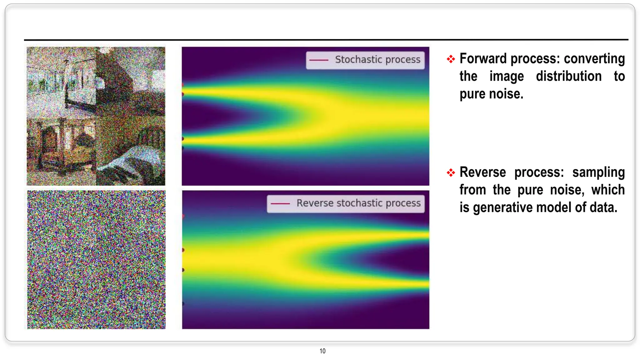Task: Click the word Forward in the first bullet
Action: [x=483, y=59]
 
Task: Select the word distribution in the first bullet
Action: [x=568, y=76]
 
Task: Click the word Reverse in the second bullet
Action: [x=482, y=172]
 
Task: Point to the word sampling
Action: [x=598, y=172]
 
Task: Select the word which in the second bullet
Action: [x=608, y=190]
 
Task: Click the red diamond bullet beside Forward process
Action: [x=451, y=59]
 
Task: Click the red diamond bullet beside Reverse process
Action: [x=451, y=172]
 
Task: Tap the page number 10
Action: [x=322, y=351]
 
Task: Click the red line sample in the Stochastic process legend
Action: [x=319, y=60]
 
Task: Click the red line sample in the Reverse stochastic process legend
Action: [x=280, y=203]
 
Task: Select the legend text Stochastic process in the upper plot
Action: [x=377, y=60]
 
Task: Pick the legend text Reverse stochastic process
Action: [x=358, y=203]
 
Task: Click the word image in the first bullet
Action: [x=506, y=76]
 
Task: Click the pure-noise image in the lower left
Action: [x=96, y=260]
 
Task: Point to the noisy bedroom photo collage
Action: [x=96, y=116]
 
